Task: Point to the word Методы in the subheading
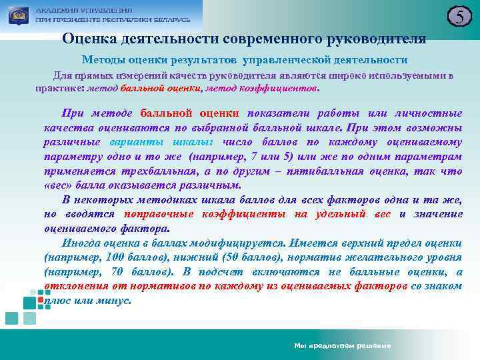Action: (104, 59)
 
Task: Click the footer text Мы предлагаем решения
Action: (342, 346)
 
